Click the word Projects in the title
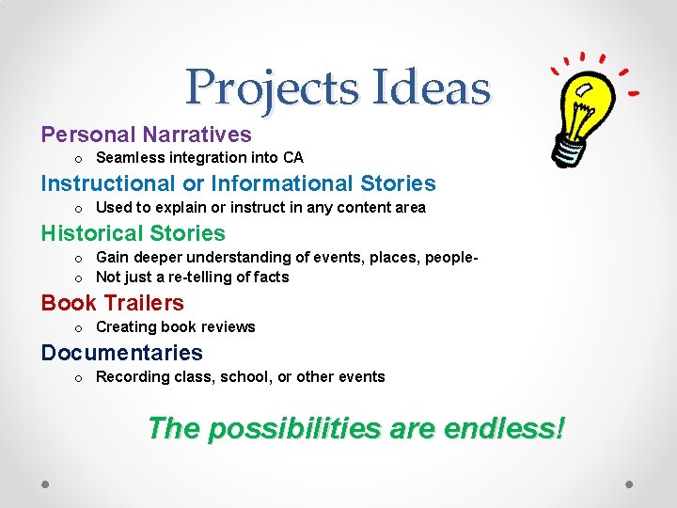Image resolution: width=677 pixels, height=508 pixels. [273, 87]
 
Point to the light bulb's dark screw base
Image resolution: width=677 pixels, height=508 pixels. [569, 146]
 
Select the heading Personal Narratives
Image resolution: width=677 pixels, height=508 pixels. [146, 135]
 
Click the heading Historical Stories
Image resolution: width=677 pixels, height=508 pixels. [133, 233]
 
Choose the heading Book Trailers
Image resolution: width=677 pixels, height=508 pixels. [112, 303]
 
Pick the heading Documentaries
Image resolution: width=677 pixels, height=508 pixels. [121, 353]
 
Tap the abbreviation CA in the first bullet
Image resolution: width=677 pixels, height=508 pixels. [293, 158]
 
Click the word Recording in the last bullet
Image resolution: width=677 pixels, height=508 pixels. [134, 377]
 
